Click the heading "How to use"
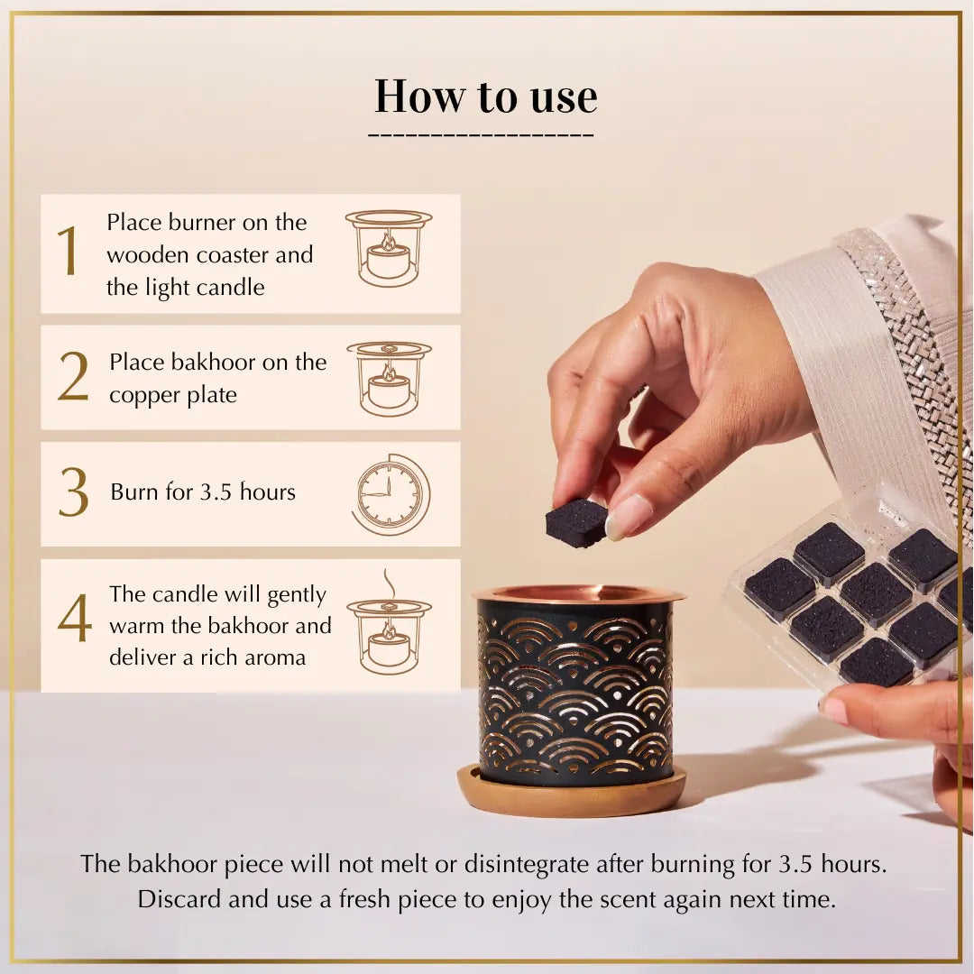click(485, 96)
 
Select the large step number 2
click(73, 376)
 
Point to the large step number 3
click(74, 492)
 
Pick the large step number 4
click(75, 618)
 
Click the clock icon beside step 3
click(391, 494)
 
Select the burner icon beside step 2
click(389, 378)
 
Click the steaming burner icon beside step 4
click(389, 627)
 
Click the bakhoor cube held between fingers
click(576, 522)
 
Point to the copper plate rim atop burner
click(577, 594)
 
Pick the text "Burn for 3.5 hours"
click(203, 492)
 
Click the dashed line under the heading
click(481, 136)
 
